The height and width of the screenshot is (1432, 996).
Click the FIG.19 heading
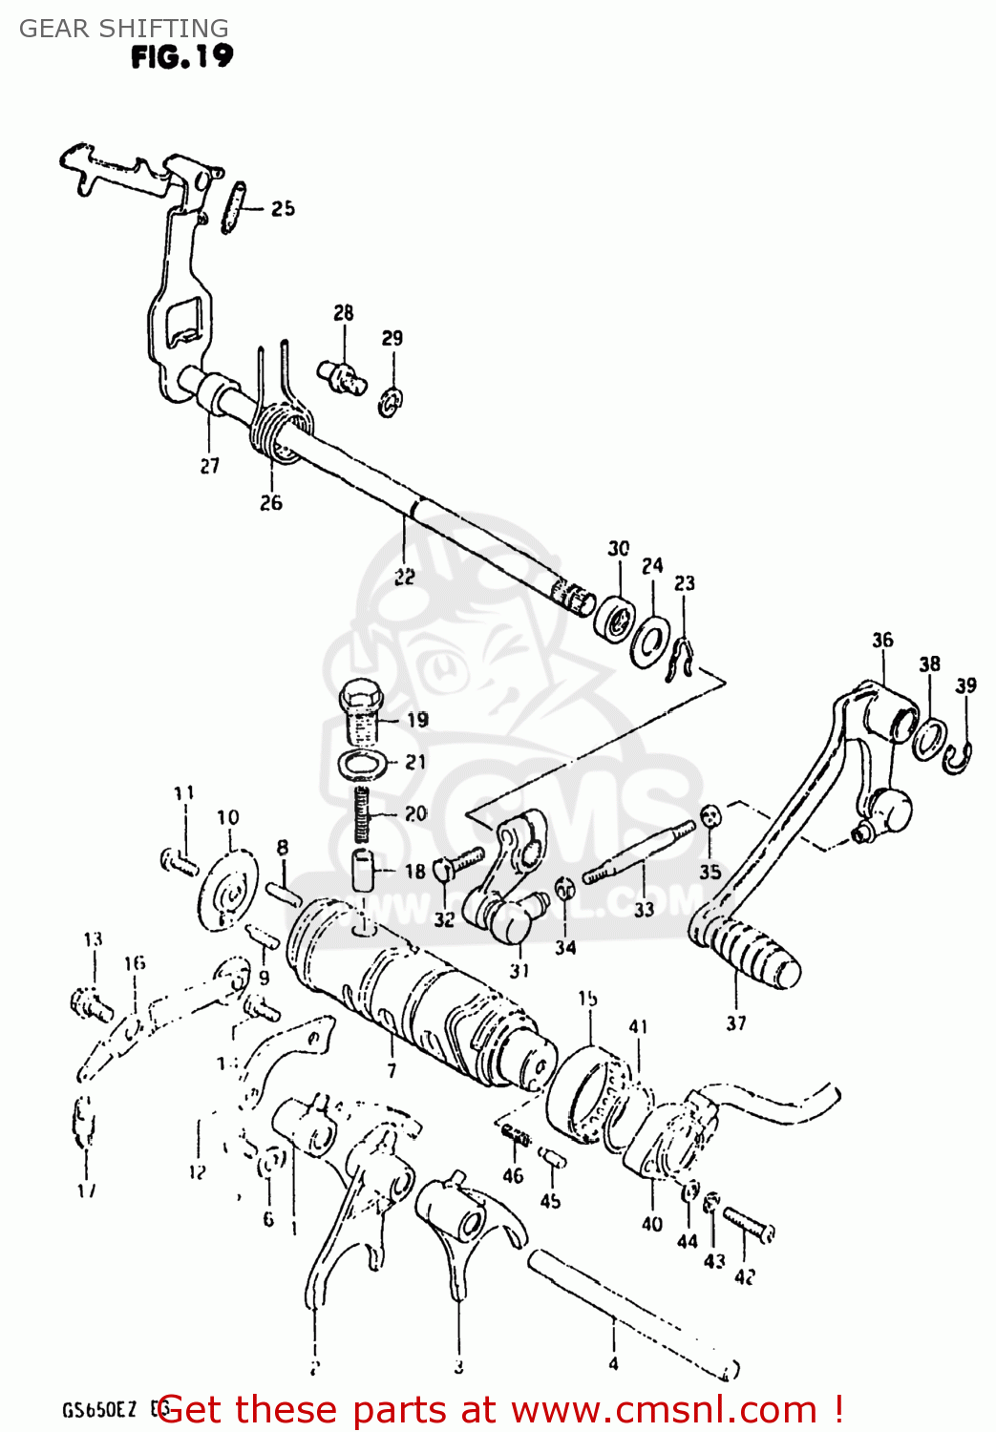181,56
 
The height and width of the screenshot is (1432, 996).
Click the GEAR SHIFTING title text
124,28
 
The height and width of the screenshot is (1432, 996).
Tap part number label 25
283,208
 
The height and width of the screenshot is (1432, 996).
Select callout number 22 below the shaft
404,577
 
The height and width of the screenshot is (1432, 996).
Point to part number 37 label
735,1023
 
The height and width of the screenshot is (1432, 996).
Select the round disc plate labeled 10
229,888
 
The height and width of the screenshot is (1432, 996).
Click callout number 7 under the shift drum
392,1070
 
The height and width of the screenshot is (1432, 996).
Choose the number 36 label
882,640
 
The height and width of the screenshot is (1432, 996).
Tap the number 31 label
519,971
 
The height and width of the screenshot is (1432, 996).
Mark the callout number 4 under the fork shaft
613,1363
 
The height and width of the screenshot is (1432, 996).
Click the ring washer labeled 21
363,764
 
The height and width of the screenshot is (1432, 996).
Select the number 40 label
652,1224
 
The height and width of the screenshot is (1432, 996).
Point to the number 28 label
344,312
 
